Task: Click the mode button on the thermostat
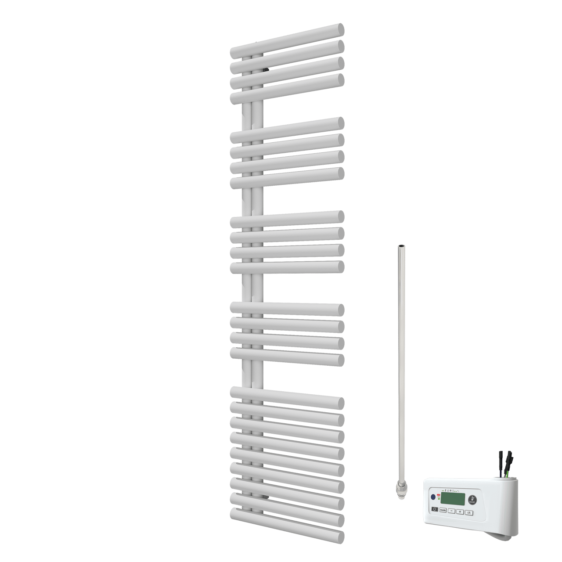(x=443, y=510)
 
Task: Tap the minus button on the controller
(x=451, y=511)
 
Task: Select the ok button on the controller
(x=469, y=512)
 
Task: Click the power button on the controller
(x=434, y=509)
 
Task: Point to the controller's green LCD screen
(x=452, y=498)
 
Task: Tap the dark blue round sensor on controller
(x=433, y=497)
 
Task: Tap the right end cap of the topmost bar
(x=338, y=30)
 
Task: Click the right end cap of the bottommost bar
(x=339, y=537)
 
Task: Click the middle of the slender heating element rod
(x=400, y=364)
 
